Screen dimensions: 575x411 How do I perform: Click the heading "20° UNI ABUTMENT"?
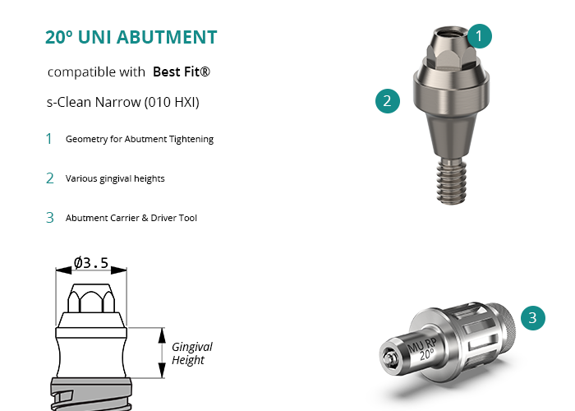coord(131,37)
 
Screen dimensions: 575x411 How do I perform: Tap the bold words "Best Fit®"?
coord(182,72)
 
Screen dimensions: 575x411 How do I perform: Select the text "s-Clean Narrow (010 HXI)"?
coord(123,102)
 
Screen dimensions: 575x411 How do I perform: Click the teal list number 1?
coord(48,139)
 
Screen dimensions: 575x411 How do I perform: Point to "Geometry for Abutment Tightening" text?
coord(140,139)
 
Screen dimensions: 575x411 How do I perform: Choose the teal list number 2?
coord(50,178)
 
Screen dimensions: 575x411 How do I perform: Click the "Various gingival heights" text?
coord(115,178)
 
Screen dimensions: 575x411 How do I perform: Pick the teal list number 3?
coord(50,218)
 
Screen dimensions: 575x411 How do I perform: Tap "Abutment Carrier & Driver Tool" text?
coord(131,218)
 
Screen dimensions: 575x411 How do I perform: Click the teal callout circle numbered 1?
coord(479,36)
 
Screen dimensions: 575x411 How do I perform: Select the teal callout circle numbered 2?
coord(388,101)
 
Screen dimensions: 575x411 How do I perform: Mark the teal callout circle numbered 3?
coord(533,318)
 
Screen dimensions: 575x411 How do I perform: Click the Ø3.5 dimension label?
coord(91,263)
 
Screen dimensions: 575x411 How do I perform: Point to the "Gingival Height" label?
coord(191,353)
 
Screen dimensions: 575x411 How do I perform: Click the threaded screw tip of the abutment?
coord(452,181)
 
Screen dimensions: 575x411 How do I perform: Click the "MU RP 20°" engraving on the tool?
coord(422,349)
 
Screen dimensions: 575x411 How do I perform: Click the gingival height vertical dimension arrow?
coord(162,353)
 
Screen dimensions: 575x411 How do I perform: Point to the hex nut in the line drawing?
coord(91,298)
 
